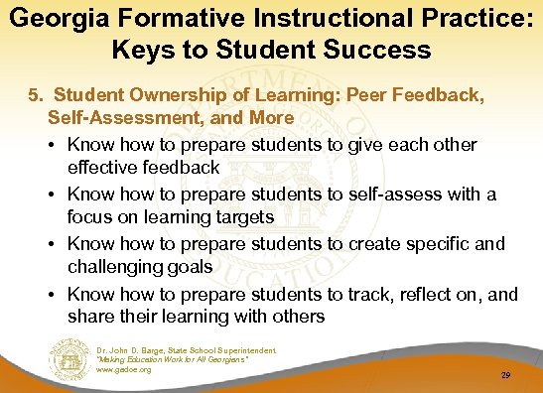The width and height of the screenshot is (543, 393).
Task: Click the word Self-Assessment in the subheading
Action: pos(111,116)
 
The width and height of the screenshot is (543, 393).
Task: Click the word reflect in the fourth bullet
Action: pos(397,294)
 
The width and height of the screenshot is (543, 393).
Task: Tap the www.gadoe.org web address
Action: pos(124,370)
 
